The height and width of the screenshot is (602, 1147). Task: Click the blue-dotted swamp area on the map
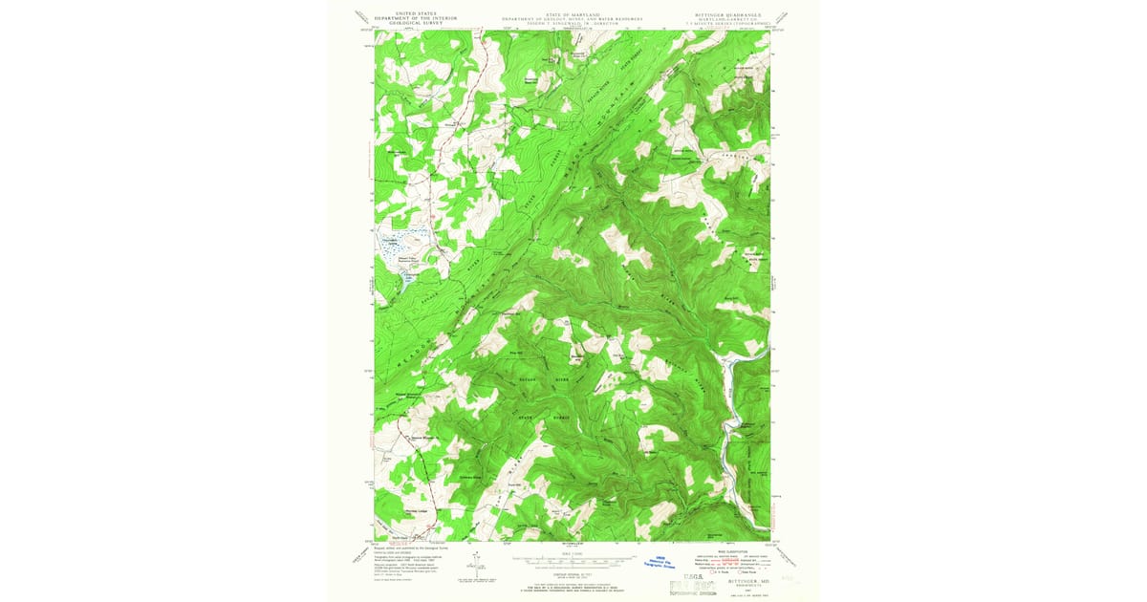coord(402,246)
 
